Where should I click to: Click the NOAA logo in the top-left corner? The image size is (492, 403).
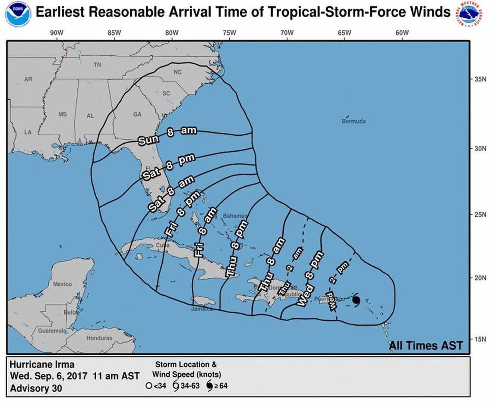[18, 14]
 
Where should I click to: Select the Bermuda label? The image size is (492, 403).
[353, 121]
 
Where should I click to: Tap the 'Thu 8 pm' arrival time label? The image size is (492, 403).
[237, 249]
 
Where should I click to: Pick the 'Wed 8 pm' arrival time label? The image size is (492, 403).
[310, 278]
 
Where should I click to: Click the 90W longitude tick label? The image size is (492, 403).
[57, 33]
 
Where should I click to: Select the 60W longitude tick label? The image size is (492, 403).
[402, 33]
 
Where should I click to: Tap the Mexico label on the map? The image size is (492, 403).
[63, 284]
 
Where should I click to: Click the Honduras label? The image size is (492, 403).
[99, 338]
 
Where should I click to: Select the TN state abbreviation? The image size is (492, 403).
[97, 65]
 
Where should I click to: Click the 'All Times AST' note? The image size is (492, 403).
[426, 345]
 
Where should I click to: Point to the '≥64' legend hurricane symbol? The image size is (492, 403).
[209, 386]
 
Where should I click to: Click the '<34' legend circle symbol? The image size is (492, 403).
[148, 386]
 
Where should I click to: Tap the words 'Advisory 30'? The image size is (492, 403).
[36, 388]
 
